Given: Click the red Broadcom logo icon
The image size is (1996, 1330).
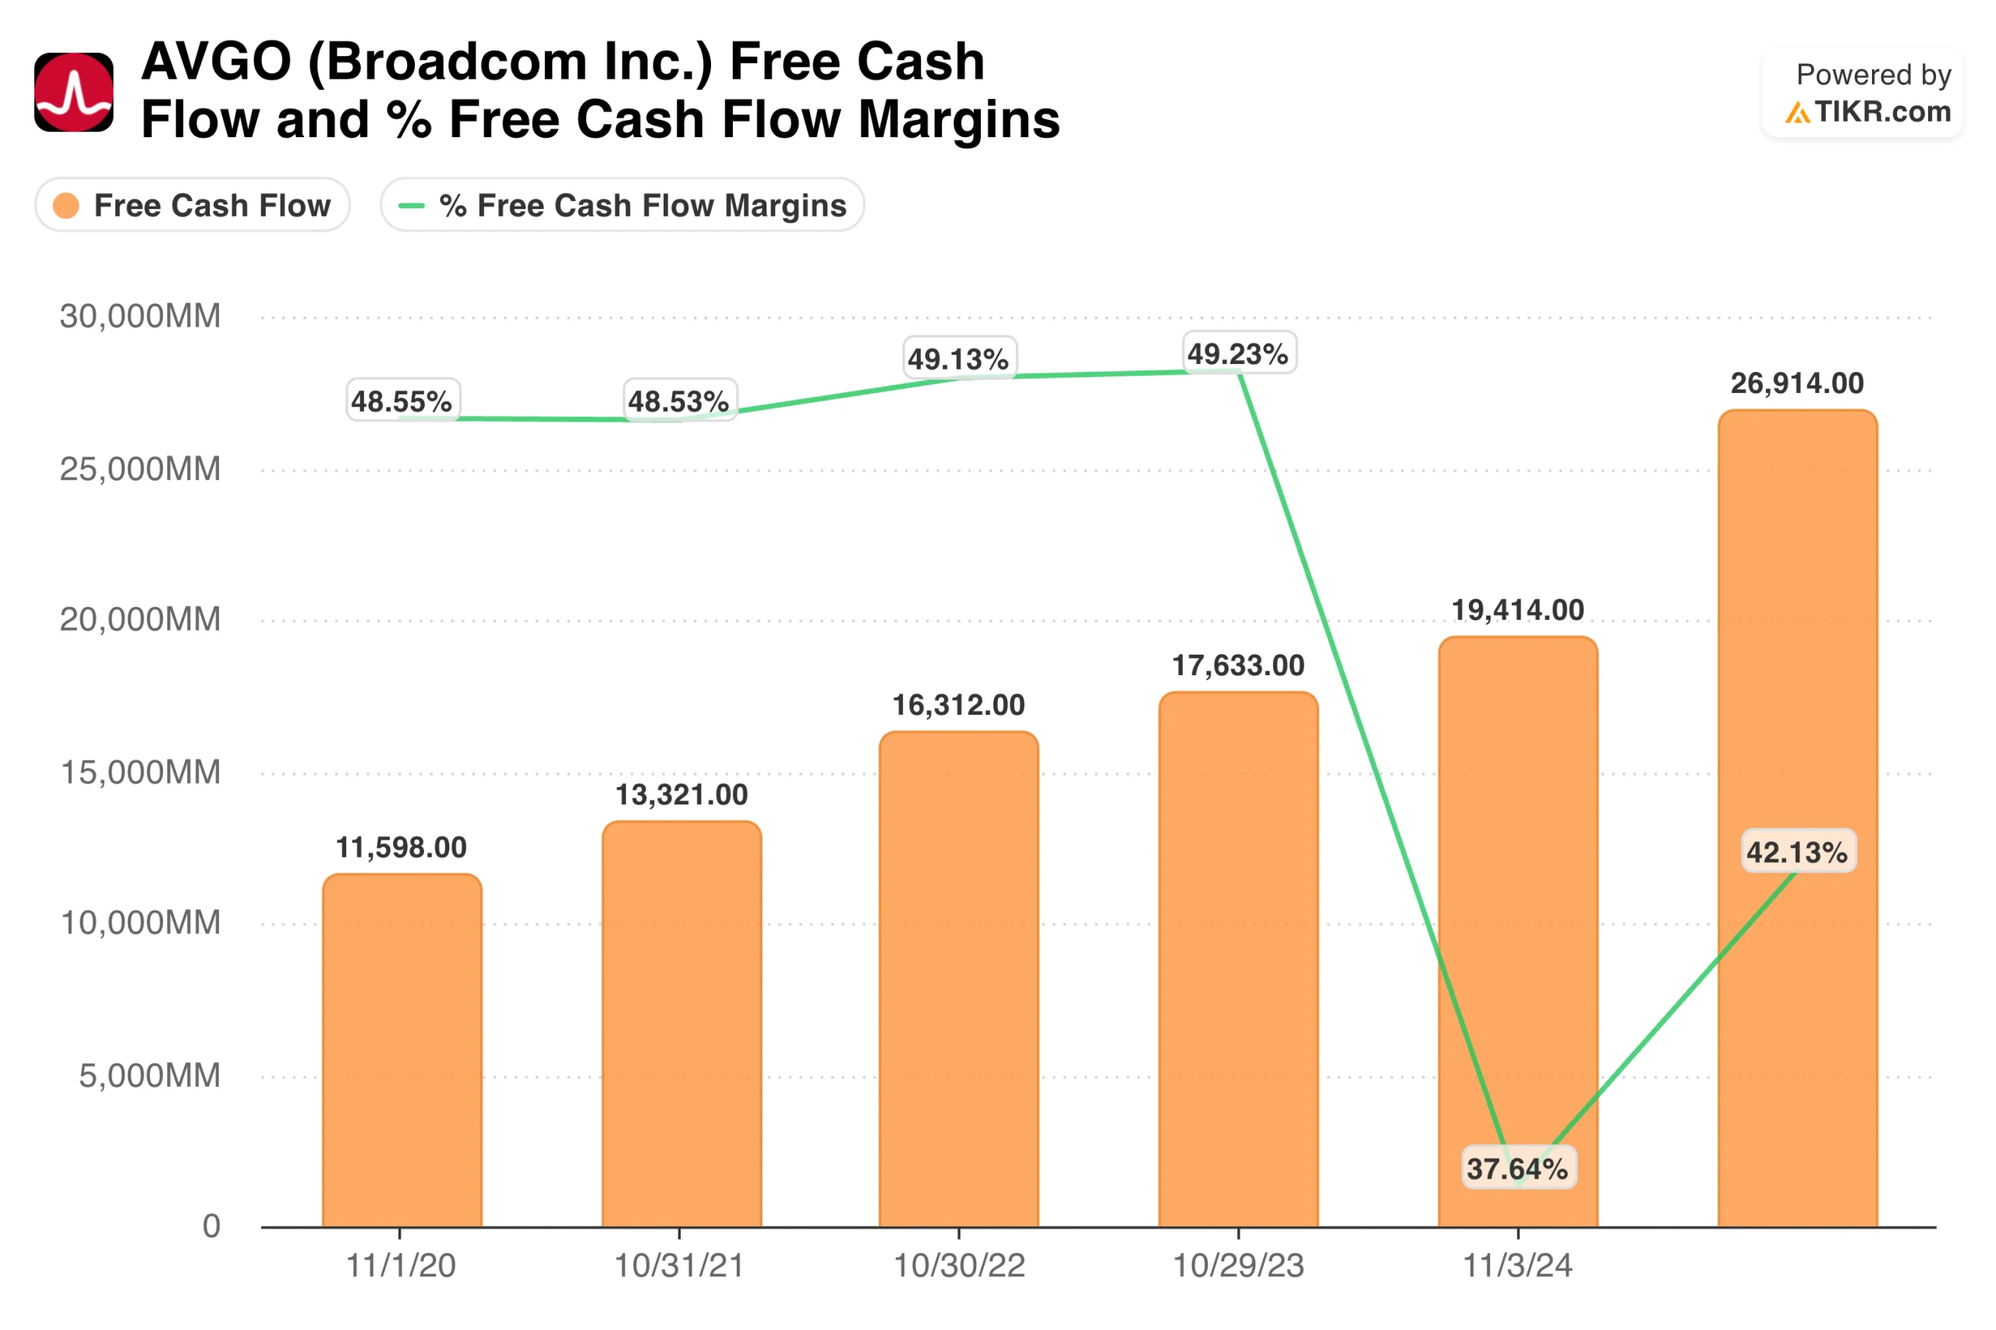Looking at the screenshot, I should (74, 93).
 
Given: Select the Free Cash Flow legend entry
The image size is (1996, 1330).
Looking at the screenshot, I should (193, 205).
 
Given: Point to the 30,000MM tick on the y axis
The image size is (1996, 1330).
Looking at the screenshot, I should (140, 317).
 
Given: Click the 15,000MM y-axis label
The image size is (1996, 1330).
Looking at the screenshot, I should (140, 772).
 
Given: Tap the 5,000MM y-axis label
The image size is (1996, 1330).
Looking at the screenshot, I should (149, 1076).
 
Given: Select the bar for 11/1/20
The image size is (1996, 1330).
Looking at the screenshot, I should (402, 1052).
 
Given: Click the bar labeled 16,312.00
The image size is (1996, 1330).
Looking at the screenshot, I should (958, 980).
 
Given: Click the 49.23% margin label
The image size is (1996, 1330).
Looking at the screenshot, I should (1238, 353).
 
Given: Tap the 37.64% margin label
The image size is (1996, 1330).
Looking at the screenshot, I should (1517, 1168).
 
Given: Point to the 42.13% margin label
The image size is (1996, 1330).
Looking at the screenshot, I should (1797, 851).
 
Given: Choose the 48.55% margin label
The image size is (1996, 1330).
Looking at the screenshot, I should (402, 401).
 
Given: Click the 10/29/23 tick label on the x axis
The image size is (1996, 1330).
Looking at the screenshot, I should (1238, 1265).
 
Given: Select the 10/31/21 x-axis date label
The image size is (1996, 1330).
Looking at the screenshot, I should (679, 1265).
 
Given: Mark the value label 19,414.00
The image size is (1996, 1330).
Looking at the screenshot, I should (1517, 610).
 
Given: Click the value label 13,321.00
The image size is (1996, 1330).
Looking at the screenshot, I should (681, 794).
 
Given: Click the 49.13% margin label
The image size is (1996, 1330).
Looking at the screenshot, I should (958, 358).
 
